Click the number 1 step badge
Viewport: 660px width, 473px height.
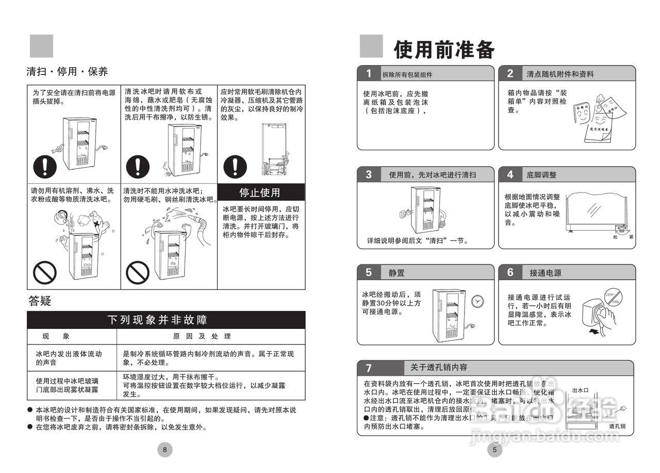click(x=368, y=73)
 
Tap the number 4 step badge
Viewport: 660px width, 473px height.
click(x=510, y=174)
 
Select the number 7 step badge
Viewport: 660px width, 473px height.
click(x=368, y=368)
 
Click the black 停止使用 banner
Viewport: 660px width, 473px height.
click(x=259, y=193)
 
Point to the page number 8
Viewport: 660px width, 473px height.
click(x=164, y=450)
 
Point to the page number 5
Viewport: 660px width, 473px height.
click(x=494, y=450)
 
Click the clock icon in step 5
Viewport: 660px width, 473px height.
click(x=478, y=301)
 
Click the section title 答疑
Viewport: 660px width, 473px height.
click(x=40, y=301)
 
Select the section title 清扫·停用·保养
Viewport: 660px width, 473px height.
click(x=67, y=72)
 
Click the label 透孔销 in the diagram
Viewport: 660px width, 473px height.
click(x=617, y=426)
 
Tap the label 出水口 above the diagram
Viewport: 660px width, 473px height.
click(x=580, y=390)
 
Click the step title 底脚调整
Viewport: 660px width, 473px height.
click(x=541, y=175)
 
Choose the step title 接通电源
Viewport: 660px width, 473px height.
click(x=545, y=273)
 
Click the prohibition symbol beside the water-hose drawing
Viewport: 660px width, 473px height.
click(x=138, y=271)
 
